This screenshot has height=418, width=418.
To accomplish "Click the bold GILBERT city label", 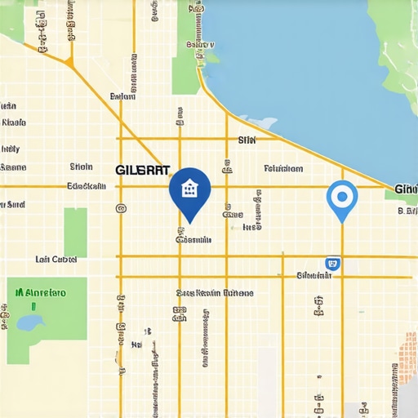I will (143, 170).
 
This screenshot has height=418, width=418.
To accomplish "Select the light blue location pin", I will (341, 198).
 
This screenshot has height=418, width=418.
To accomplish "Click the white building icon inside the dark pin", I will (189, 189).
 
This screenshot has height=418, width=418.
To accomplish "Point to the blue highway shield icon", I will (331, 263).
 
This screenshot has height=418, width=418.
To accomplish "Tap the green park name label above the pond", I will (41, 292).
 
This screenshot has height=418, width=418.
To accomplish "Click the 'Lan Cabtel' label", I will (56, 259).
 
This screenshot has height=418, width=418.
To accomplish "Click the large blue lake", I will (310, 65).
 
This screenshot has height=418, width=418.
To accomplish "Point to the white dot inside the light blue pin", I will (341, 195).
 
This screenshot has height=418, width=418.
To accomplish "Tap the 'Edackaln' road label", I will (86, 186).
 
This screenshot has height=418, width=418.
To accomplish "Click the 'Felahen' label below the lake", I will (283, 169).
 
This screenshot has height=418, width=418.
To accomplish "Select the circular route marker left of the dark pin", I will (121, 208).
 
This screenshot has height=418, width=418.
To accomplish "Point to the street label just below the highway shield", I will (314, 276).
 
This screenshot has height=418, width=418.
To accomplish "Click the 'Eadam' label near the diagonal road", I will (122, 96).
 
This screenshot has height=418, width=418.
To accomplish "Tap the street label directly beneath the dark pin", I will (193, 240).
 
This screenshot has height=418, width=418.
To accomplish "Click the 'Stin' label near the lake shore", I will (247, 140).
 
